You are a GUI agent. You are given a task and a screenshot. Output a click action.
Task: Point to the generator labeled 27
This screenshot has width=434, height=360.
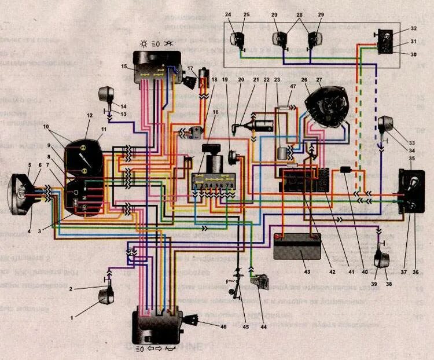329,107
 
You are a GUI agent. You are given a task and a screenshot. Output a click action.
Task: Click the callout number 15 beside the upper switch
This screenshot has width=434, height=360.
124,67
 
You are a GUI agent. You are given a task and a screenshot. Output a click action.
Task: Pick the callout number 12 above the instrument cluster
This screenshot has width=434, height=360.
89,116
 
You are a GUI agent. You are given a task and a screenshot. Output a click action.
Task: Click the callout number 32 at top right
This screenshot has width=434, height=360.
414,28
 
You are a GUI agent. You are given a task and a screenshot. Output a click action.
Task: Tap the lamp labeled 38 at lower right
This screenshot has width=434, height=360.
381,261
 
